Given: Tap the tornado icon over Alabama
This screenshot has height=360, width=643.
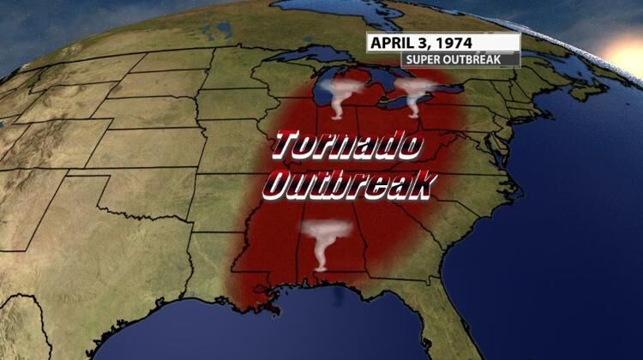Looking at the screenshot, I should pyautogui.click(x=325, y=244).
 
